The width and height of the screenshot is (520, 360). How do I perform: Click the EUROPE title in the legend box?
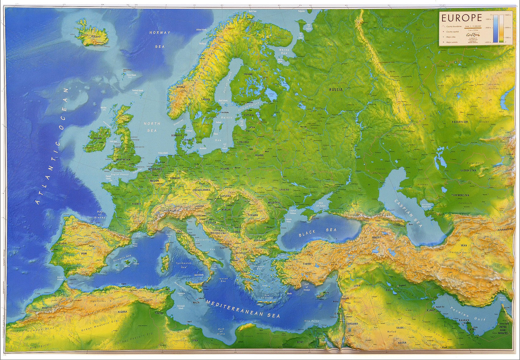pyautogui.click(x=462, y=17)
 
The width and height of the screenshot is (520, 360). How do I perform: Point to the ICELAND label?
pyautogui.click(x=96, y=37)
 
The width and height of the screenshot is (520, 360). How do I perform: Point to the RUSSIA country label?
pyautogui.click(x=336, y=90)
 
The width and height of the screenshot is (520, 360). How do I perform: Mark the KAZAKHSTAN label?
pyautogui.click(x=460, y=122)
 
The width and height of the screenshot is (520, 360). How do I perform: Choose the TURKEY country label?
pyautogui.click(x=307, y=264)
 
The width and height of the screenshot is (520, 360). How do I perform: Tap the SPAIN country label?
pyautogui.click(x=84, y=253)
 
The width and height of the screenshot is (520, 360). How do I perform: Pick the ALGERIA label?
pyautogui.click(x=122, y=312)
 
